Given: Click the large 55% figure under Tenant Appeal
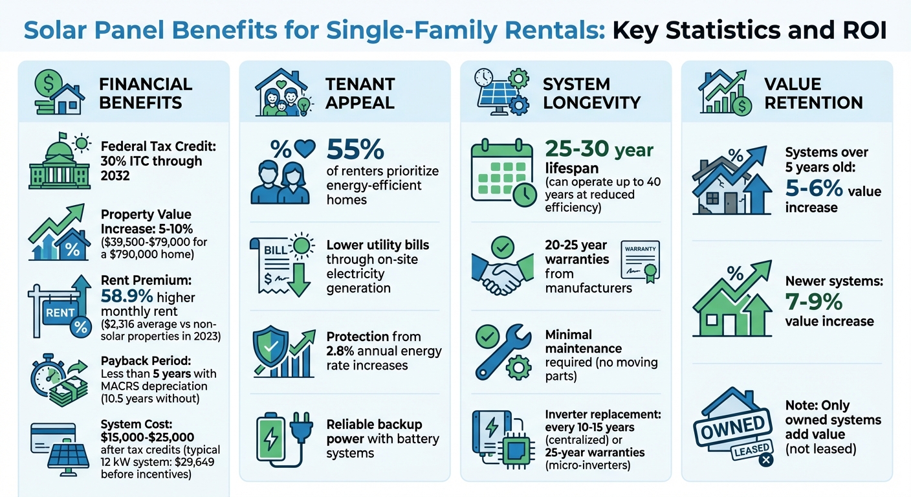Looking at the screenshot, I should (356, 151).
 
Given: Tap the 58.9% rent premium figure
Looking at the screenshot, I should (126, 298).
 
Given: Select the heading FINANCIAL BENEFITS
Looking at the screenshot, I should (146, 93).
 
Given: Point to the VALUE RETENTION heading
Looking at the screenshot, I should (813, 93).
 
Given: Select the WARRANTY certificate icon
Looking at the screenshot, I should (641, 265).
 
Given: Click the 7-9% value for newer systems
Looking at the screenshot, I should (814, 302).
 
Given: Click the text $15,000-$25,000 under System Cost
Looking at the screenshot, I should (148, 437).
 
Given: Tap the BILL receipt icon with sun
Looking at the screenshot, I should (280, 265).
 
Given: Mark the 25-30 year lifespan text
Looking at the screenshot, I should (598, 149).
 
